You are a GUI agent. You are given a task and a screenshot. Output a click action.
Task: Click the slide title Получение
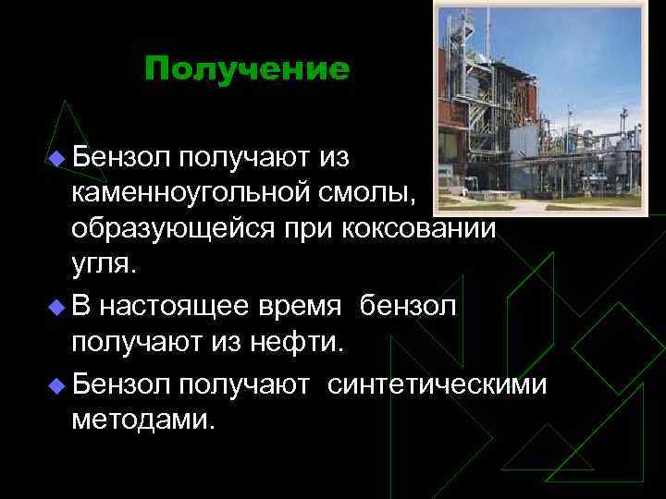click(x=247, y=70)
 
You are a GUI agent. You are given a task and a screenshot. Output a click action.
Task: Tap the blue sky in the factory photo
click(x=592, y=65)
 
